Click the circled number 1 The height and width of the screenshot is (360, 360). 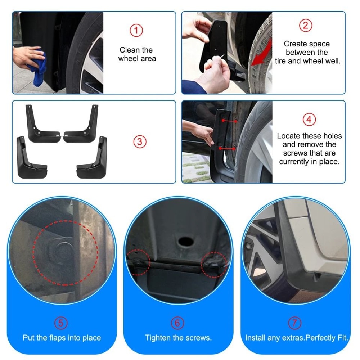pyautogui.click(x=136, y=31)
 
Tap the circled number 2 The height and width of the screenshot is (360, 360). pyautogui.click(x=306, y=26)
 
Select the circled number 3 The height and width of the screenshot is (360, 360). pyautogui.click(x=140, y=142)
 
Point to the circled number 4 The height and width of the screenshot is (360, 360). pyautogui.click(x=309, y=120)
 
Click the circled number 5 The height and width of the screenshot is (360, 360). pyautogui.click(x=61, y=323)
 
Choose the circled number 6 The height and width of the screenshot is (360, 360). pyautogui.click(x=177, y=323)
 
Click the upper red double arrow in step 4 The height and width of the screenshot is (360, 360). pyautogui.click(x=229, y=121)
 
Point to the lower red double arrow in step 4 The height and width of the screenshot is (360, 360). pyautogui.click(x=227, y=148)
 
